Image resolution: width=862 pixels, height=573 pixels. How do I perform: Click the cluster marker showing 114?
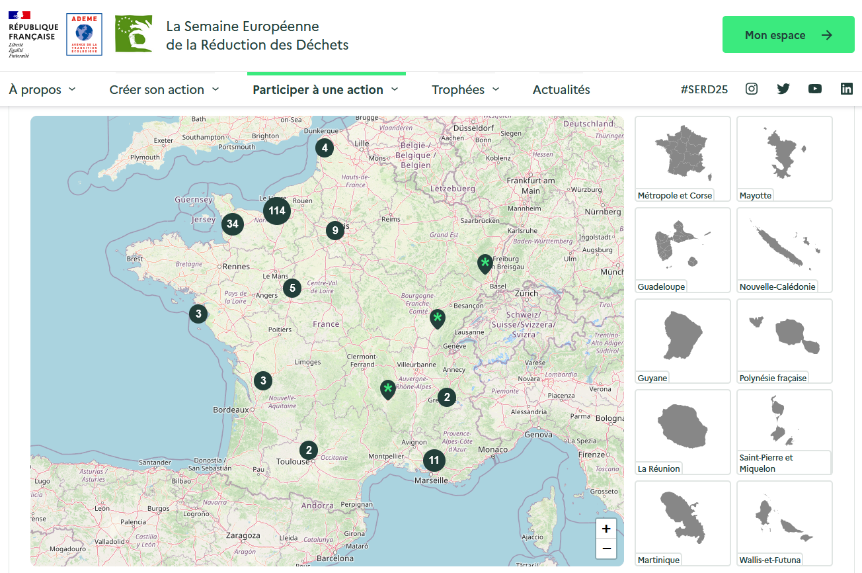click(277, 211)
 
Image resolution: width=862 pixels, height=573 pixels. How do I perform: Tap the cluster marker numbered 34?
click(232, 224)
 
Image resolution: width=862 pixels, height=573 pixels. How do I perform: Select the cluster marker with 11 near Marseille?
click(434, 461)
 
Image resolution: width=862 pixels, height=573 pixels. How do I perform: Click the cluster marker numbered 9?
click(335, 230)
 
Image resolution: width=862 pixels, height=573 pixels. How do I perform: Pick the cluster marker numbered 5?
click(292, 288)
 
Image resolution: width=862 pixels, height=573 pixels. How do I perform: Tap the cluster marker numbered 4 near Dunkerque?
click(324, 148)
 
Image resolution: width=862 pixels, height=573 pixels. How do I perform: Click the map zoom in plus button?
click(606, 529)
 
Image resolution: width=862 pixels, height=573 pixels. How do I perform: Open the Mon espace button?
click(788, 35)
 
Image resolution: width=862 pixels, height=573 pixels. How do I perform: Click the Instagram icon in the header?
click(752, 89)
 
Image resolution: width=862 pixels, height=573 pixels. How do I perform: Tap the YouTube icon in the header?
click(814, 89)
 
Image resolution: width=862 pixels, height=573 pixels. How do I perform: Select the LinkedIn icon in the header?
click(846, 89)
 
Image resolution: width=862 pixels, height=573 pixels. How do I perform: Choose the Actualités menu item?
click(561, 90)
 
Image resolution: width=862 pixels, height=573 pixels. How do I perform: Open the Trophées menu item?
click(465, 90)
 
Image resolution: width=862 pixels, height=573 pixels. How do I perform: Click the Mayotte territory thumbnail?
click(784, 159)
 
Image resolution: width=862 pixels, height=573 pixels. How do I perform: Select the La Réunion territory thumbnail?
click(682, 432)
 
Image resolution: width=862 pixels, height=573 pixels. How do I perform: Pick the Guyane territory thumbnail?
click(682, 341)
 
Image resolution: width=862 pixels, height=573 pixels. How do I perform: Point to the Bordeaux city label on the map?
click(231, 410)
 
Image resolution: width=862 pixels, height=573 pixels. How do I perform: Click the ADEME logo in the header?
click(84, 35)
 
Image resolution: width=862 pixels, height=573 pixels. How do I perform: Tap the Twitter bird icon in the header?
click(783, 89)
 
